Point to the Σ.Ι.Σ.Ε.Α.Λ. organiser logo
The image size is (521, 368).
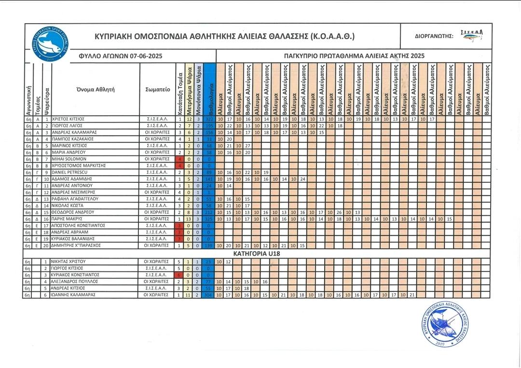tap(472, 36)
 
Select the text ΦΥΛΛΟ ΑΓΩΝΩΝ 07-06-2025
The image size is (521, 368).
tap(120, 56)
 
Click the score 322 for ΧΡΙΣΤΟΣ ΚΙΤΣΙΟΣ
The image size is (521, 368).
tap(209, 119)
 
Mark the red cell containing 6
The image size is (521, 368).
tap(180, 274)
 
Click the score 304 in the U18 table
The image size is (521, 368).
tap(209, 295)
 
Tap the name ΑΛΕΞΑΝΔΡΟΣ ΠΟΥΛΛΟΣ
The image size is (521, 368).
tap(75, 281)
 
